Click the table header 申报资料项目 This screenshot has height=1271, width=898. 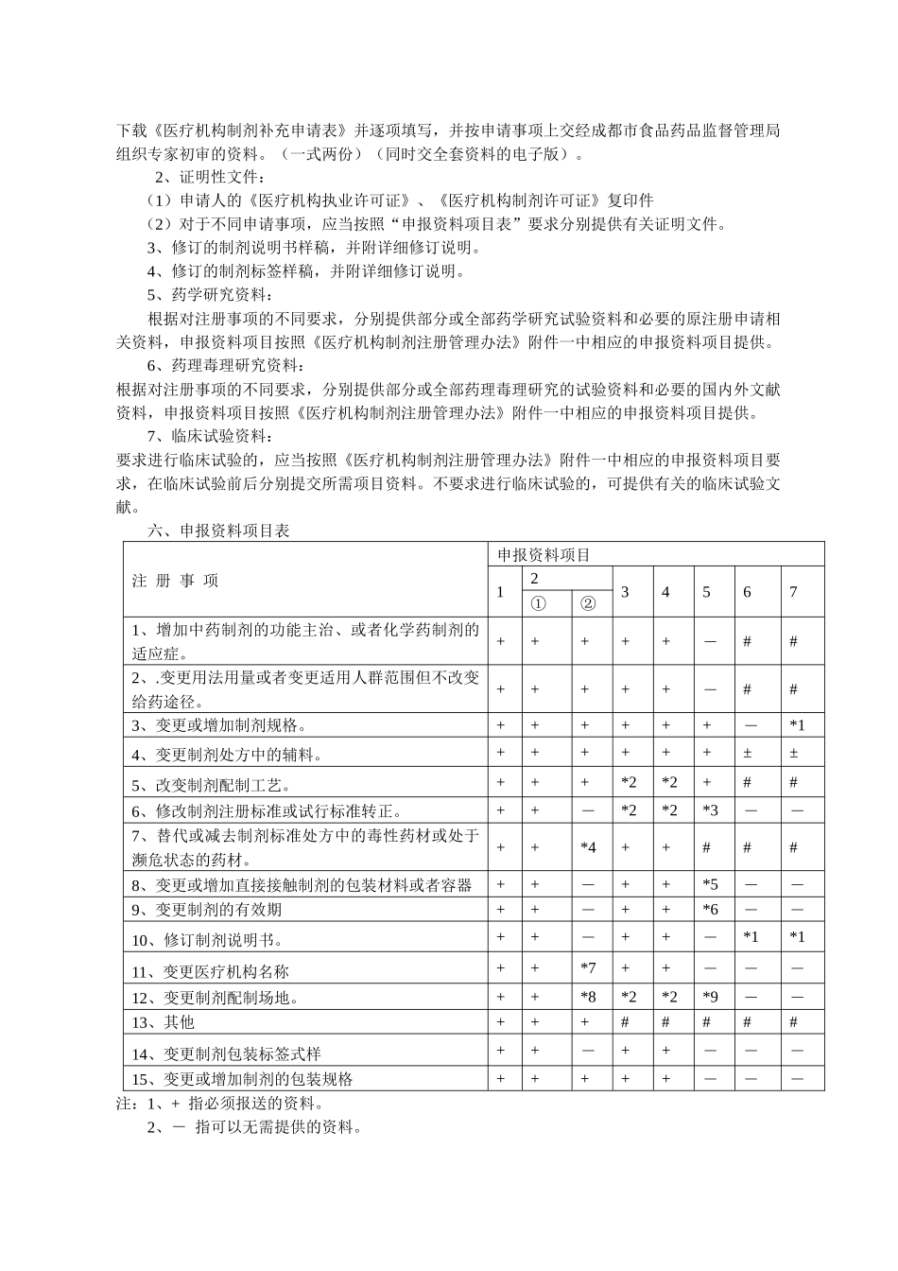click(544, 555)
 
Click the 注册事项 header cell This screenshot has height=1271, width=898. click(176, 581)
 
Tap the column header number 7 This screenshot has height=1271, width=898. click(793, 592)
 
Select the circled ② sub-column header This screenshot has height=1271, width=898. click(588, 603)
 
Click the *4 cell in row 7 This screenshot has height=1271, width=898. click(588, 848)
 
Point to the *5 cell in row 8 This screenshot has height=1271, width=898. click(711, 885)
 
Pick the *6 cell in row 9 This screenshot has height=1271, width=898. click(711, 910)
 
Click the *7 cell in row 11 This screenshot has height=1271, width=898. click(588, 968)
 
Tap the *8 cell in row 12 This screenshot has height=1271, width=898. click(588, 997)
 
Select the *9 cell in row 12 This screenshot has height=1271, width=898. click(711, 997)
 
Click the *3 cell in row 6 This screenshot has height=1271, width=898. click(711, 810)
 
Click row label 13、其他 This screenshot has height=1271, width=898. click(163, 1022)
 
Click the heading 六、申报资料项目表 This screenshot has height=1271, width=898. click(219, 531)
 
